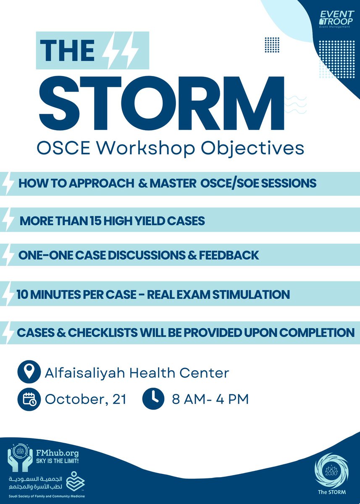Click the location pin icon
pyautogui.click(x=29, y=372)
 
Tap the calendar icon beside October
pyautogui.click(x=29, y=399)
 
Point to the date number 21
pyautogui.click(x=119, y=399)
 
